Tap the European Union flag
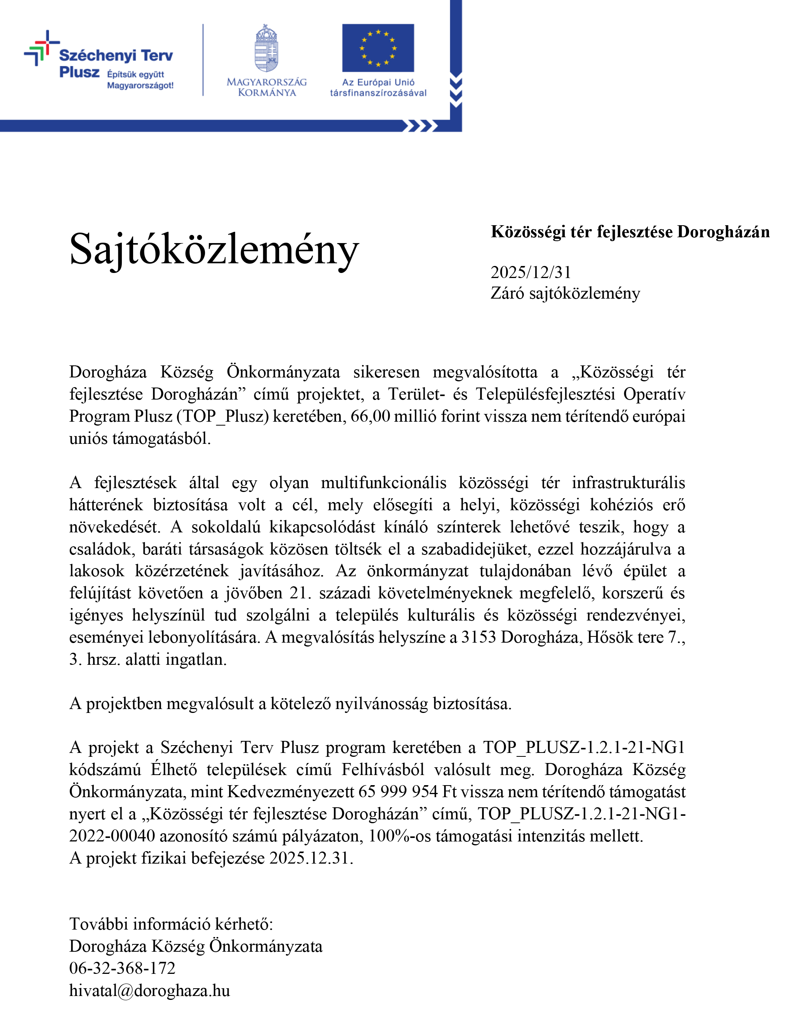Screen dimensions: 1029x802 coord(378,48)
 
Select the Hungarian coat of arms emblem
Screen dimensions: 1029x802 coord(267,49)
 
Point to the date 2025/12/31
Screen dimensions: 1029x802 coord(531,272)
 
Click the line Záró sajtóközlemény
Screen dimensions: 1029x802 coord(565,293)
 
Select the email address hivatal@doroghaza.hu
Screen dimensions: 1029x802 coord(149,991)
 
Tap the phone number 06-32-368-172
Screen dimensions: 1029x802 coord(122,968)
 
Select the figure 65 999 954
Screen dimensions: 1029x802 coord(398,791)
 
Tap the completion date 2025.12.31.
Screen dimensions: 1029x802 coord(311,858)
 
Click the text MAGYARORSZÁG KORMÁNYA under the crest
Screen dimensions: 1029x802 coord(267,87)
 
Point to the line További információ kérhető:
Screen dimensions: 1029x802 coord(171,924)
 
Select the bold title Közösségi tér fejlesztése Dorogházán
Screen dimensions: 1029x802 coord(630,232)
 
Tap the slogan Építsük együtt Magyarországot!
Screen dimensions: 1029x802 coord(140,80)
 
